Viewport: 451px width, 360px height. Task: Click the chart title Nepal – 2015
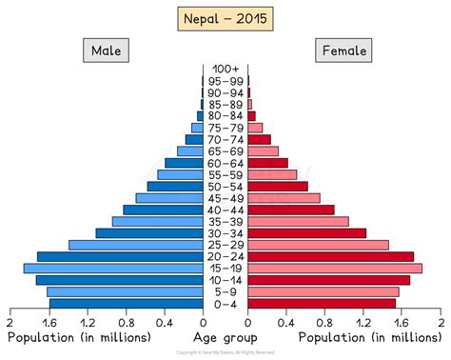pos(225,18)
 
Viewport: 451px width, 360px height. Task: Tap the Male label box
pos(106,50)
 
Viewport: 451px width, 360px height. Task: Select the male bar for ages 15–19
pos(113,269)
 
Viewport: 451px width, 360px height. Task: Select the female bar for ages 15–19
pos(334,269)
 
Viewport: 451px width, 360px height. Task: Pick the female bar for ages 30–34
pos(306,233)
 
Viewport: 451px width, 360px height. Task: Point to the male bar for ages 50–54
pos(175,187)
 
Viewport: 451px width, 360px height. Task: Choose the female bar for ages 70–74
pos(259,140)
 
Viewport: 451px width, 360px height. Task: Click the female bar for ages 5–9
pos(323,292)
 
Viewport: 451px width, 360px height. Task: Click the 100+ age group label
pos(225,70)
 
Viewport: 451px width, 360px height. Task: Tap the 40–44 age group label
pos(225,210)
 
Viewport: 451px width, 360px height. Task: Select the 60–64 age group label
pos(225,163)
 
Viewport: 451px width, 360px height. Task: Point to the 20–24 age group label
pos(225,257)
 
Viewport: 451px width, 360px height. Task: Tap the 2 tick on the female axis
pos(441,323)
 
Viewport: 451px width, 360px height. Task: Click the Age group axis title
pos(225,338)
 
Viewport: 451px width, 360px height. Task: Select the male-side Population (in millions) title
pos(79,338)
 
